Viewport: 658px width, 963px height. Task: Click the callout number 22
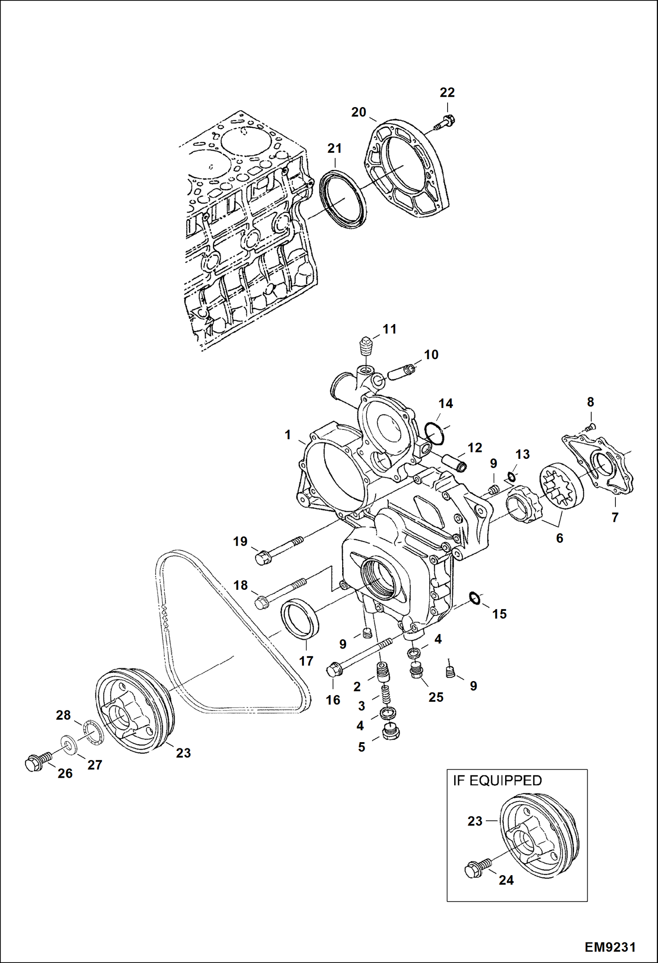click(x=447, y=92)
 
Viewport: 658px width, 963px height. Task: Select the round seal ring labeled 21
click(x=343, y=200)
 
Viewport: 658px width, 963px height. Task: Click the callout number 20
click(x=358, y=112)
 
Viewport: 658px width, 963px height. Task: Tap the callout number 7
click(x=615, y=517)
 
